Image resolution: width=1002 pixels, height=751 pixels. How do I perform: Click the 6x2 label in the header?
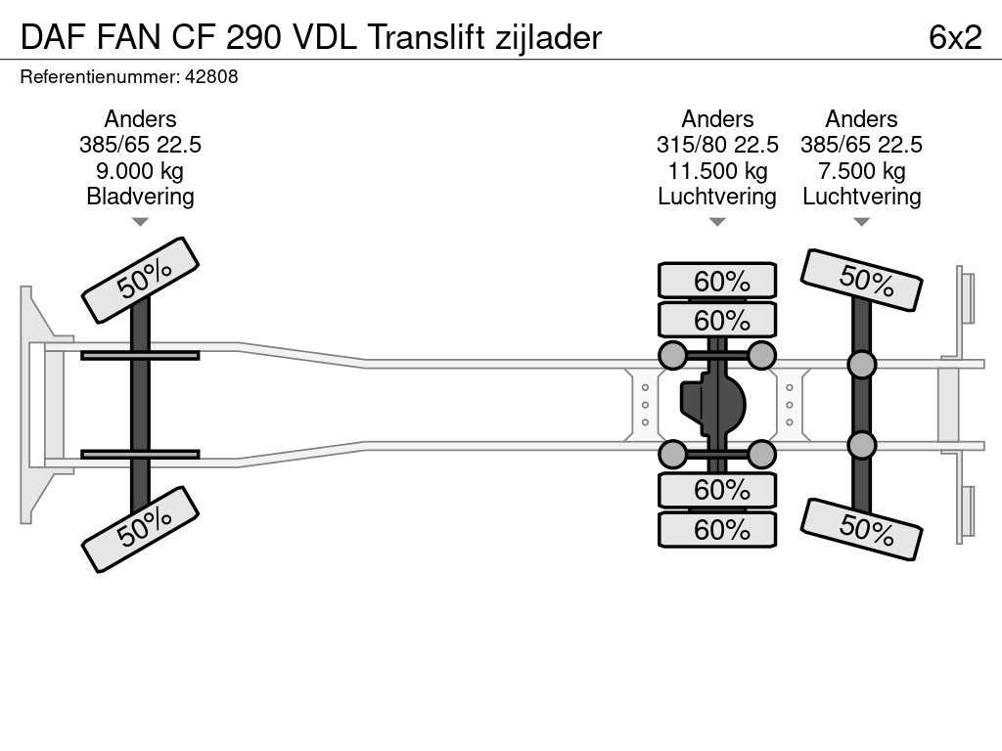tap(954, 37)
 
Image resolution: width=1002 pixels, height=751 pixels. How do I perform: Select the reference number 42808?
tap(214, 76)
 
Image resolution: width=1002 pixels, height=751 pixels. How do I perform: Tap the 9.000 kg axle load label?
tap(140, 170)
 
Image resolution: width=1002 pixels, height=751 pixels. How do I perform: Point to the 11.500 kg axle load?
tap(717, 170)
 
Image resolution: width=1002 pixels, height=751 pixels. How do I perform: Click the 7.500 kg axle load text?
tap(861, 170)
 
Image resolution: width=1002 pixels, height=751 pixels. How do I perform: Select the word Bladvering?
tap(140, 196)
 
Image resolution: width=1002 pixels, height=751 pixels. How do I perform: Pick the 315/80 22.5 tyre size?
tap(717, 145)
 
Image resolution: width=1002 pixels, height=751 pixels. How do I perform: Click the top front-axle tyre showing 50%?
tap(140, 280)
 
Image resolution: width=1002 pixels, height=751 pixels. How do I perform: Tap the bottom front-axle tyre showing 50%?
tap(140, 529)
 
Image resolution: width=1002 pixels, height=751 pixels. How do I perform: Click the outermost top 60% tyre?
tap(717, 281)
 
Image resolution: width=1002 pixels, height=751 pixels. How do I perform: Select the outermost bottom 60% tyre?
tap(717, 530)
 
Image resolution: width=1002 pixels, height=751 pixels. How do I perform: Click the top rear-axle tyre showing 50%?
tap(861, 280)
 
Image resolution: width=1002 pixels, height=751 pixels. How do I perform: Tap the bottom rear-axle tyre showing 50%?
tap(861, 529)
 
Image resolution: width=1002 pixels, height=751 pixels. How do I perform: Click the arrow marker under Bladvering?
tap(140, 222)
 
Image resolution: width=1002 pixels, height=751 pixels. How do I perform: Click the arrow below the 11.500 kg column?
tap(717, 222)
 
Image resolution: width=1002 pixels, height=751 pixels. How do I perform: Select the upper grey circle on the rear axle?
tap(861, 365)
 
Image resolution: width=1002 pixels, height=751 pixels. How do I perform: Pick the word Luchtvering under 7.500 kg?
tap(861, 196)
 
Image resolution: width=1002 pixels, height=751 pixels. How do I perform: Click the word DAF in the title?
tap(45, 37)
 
